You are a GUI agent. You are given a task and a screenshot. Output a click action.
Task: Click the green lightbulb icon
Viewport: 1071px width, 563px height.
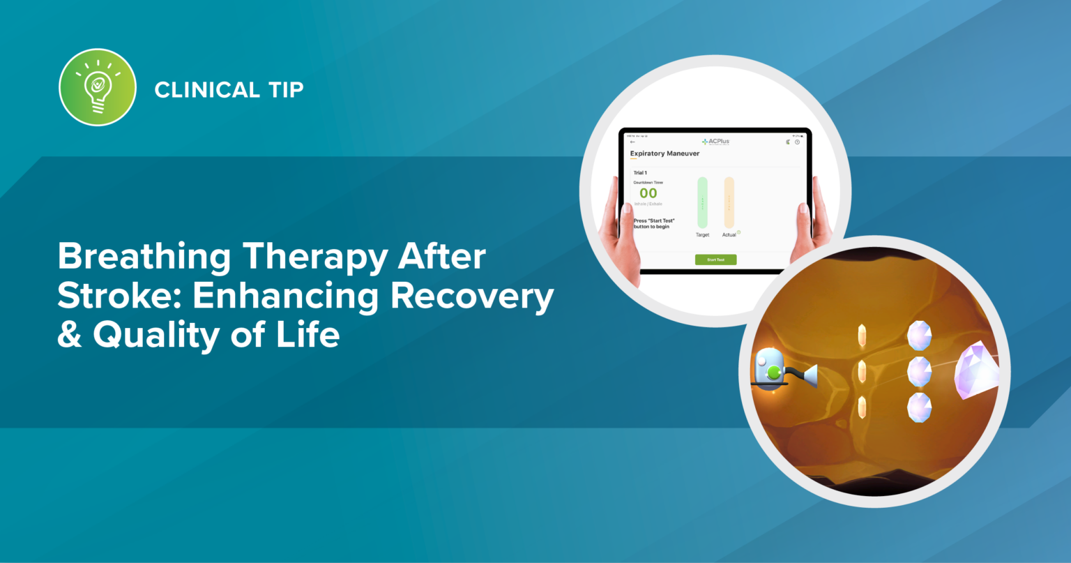point(98,87)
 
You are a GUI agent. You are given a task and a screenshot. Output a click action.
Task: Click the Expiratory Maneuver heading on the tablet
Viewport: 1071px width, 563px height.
point(664,153)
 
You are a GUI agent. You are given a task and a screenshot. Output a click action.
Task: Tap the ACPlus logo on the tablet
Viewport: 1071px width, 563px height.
point(715,142)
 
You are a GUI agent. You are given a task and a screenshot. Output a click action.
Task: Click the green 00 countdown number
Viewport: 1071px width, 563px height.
point(648,193)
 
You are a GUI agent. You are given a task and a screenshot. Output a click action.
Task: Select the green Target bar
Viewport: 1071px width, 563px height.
point(702,202)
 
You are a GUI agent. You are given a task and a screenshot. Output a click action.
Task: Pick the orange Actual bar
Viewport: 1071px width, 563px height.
point(729,202)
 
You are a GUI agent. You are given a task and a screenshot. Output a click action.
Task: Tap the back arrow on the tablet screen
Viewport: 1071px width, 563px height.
point(632,142)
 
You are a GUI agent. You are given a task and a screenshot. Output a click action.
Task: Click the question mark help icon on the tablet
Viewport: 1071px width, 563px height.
point(797,142)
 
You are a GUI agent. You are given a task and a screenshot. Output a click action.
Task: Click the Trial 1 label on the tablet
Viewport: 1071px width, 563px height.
point(640,172)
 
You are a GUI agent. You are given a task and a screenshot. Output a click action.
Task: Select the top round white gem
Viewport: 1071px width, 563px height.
point(919,336)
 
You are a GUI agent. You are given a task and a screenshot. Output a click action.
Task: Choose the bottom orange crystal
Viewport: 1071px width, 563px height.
point(863,407)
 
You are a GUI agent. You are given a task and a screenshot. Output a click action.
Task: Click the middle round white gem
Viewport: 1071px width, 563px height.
point(919,371)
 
